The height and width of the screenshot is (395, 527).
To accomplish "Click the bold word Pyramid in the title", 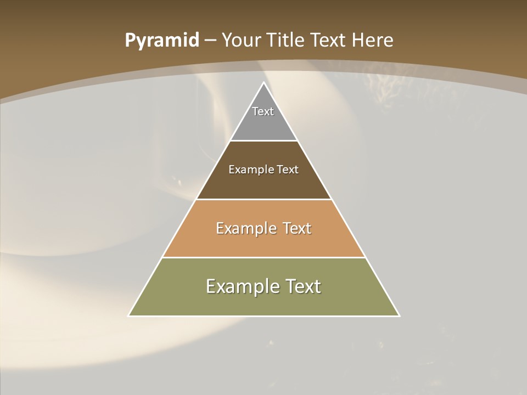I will pyautogui.click(x=162, y=41).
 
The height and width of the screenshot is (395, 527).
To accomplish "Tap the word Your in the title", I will pyautogui.click(x=241, y=41).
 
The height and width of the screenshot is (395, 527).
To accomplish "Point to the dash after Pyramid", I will pyautogui.click(x=210, y=41).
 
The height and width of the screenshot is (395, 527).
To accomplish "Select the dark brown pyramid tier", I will pyautogui.click(x=263, y=184).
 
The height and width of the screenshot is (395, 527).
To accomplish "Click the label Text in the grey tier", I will pyautogui.click(x=263, y=111).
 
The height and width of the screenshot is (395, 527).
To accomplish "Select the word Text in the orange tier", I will pyautogui.click(x=297, y=228).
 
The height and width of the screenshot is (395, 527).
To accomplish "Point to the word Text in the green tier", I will pyautogui.click(x=303, y=286).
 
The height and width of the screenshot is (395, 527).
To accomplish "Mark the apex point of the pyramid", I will pyautogui.click(x=263, y=83).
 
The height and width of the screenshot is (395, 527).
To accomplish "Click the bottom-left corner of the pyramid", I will pyautogui.click(x=129, y=315).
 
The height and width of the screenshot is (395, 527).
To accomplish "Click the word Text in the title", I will pyautogui.click(x=329, y=41).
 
